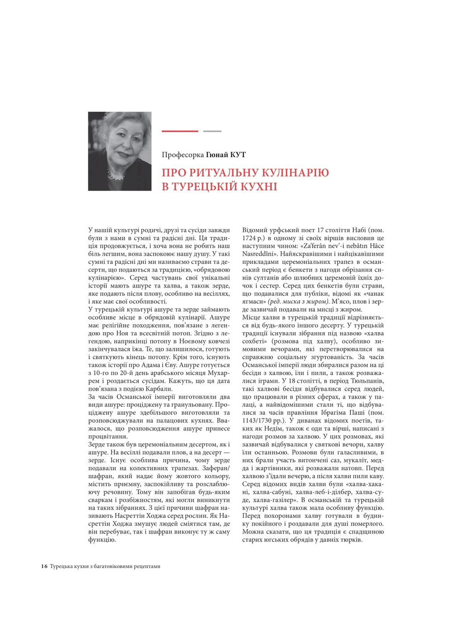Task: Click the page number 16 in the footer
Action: (44, 566)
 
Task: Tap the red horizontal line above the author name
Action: (179, 131)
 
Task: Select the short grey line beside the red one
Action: (212, 131)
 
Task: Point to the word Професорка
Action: (183, 155)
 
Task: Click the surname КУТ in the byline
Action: (238, 155)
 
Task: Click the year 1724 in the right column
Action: (250, 238)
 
